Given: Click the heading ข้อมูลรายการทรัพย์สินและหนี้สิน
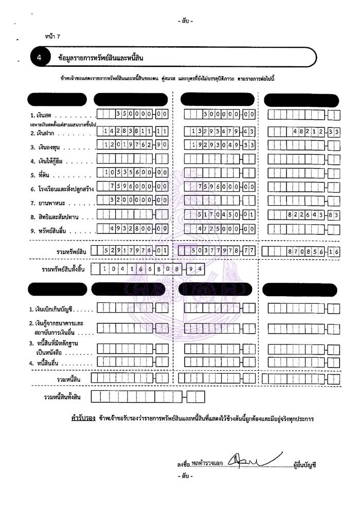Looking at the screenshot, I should point(101,58).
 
